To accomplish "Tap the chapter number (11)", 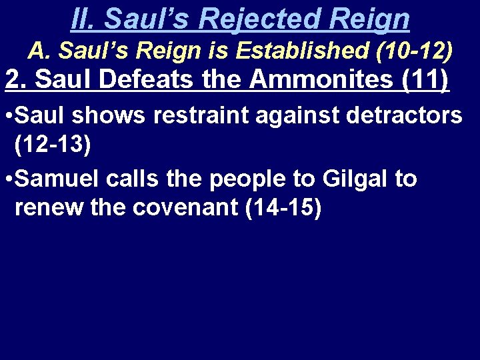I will (x=426, y=80).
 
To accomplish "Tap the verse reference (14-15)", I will (x=283, y=208).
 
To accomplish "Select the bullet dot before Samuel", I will (x=7, y=179).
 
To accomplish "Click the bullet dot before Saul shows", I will (x=7, y=115).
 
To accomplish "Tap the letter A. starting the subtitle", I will (x=38, y=49).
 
